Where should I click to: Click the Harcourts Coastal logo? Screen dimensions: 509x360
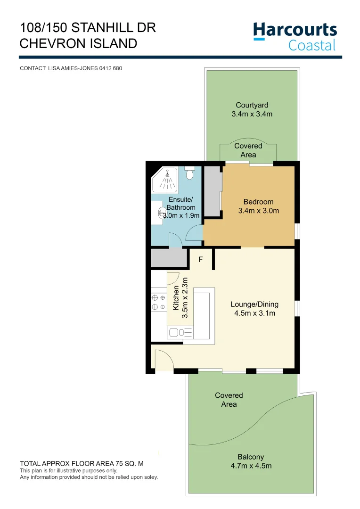[295, 36]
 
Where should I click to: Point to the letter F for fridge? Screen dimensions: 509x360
[200, 260]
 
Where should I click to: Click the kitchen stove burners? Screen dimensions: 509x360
[158, 303]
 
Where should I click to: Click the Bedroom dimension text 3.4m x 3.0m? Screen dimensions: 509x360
[258, 211]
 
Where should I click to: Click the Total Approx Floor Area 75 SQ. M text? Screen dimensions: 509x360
[82, 464]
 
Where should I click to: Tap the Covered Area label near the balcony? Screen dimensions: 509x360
[229, 400]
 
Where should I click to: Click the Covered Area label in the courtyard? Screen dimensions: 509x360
[248, 150]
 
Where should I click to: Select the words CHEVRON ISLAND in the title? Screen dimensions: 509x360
[78, 43]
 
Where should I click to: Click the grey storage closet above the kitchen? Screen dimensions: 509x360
[169, 258]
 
